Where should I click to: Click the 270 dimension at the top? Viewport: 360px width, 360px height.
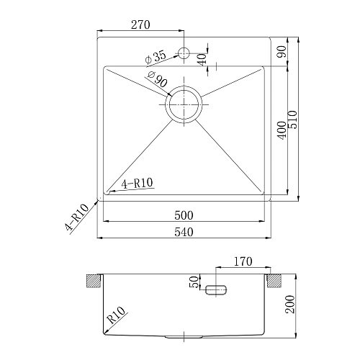pos(140,24)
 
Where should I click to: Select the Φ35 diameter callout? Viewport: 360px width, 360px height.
pos(155,55)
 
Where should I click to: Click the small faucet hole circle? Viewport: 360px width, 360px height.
pos(183,53)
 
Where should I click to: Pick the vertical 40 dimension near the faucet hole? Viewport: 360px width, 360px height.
pos(202,58)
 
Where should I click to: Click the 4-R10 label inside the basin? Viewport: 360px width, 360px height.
pos(137,184)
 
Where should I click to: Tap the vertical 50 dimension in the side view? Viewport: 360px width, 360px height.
pos(193,282)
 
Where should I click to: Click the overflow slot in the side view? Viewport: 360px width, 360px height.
pos(217,290)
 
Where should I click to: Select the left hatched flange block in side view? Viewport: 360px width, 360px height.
pos(93,280)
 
